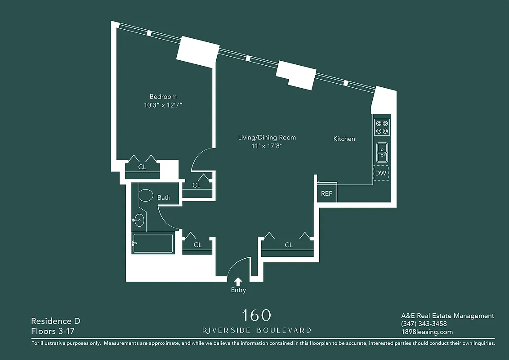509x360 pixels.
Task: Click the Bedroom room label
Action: point(163,96)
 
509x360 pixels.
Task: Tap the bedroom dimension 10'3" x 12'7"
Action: point(163,105)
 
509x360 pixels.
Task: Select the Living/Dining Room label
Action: point(267,137)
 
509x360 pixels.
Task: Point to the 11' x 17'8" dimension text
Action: point(267,146)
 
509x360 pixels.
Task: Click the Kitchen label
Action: point(344,139)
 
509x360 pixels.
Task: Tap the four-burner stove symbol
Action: point(382,126)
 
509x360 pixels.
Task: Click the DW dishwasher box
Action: point(381,173)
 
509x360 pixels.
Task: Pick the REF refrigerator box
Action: point(326,193)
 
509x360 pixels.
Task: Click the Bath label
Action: point(164,197)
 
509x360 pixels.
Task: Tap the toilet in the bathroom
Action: point(146,196)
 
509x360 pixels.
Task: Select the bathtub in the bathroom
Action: point(153,243)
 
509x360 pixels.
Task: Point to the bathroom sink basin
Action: point(139,220)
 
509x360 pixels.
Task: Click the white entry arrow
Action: point(238,281)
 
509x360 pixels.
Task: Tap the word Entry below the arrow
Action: point(238,290)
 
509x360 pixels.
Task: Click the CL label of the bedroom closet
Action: point(142,167)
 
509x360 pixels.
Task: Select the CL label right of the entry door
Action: point(289,245)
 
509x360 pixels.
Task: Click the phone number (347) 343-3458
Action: point(424,324)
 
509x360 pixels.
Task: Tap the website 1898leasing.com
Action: point(427,332)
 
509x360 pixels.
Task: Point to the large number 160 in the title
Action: point(256,315)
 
